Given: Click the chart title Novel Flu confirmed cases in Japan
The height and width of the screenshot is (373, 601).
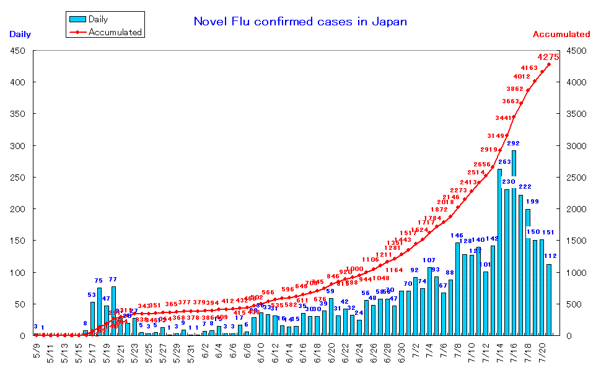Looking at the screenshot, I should (x=300, y=22).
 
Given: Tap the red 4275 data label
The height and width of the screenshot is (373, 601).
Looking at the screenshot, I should (x=548, y=57).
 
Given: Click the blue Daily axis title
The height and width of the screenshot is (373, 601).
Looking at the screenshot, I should (x=20, y=35).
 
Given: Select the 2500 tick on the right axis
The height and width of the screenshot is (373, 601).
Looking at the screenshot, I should (x=574, y=178).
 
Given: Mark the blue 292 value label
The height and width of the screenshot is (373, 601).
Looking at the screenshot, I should (x=513, y=144).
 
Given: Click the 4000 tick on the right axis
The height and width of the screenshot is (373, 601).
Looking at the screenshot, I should (x=574, y=82).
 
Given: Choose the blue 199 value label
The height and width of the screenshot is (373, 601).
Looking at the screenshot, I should (x=532, y=202).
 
